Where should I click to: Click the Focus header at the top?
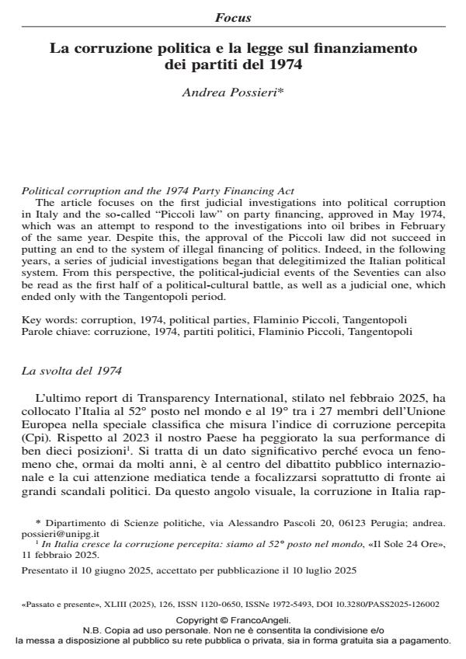[233, 17]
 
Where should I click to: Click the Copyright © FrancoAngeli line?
[233, 621]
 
